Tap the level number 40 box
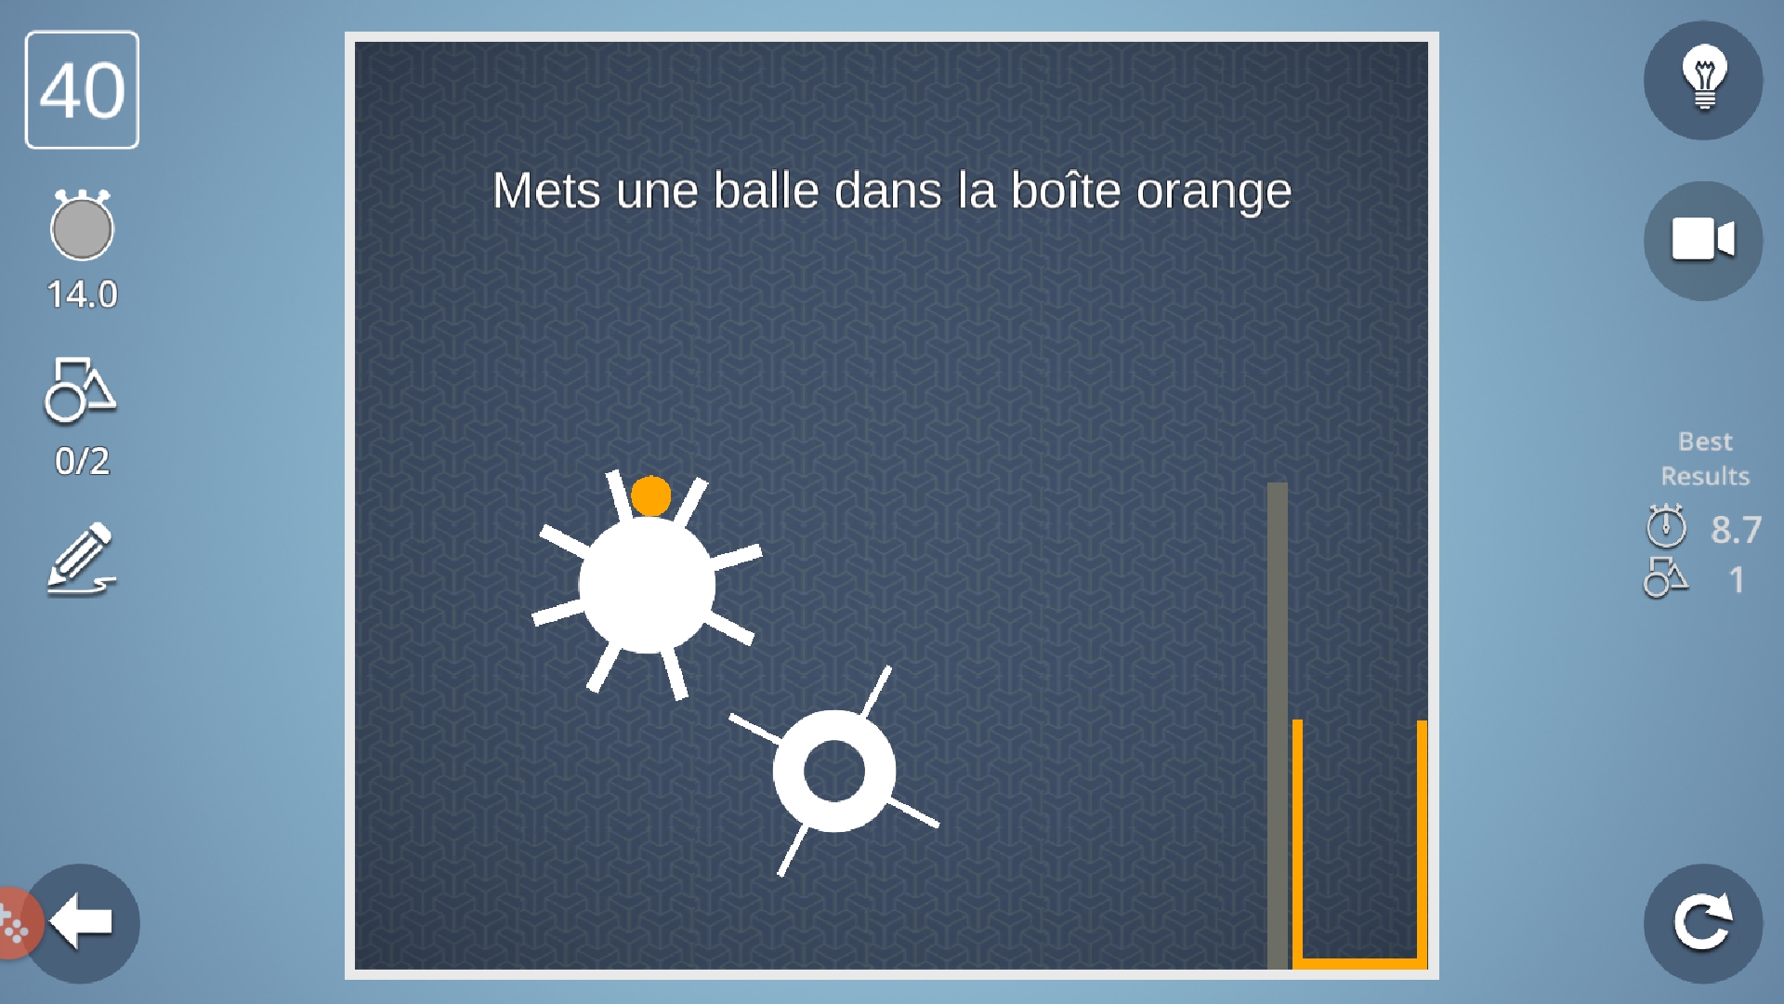82,90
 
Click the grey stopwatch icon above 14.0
82,225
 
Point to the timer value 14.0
82,295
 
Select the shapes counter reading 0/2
82,461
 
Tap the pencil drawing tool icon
82,559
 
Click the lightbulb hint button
1703,81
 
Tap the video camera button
1703,241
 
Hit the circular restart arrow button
1703,923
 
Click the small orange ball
650,495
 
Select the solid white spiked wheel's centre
647,586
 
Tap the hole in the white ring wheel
834,771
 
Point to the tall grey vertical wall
1278,726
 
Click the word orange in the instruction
1214,192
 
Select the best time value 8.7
1736,529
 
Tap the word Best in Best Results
1705,442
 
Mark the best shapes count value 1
1737,580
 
